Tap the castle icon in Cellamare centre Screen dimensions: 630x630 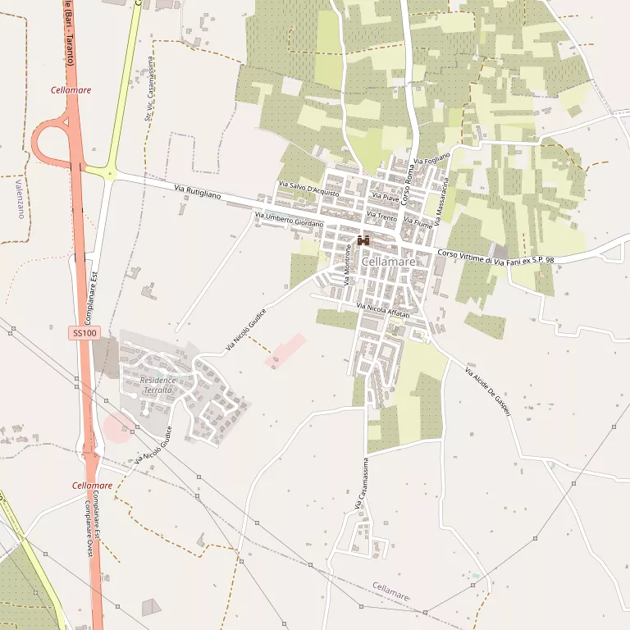[x=363, y=241]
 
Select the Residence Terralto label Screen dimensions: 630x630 [x=157, y=385]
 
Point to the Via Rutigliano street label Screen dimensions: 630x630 [x=198, y=191]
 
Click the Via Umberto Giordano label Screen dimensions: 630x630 [x=290, y=220]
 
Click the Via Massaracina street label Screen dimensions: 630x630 [x=443, y=196]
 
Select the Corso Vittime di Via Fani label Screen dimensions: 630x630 [x=495, y=257]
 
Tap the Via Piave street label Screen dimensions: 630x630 [x=385, y=198]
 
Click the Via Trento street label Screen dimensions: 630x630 [x=382, y=217]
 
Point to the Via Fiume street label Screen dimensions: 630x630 [x=418, y=222]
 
